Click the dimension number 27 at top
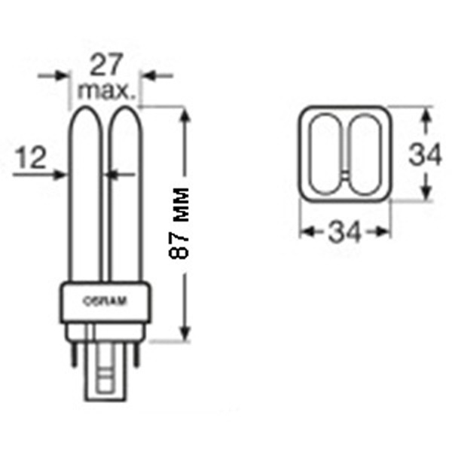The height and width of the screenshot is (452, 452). click(106, 65)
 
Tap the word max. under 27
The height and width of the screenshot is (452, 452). click(106, 91)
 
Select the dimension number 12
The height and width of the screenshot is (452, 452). click(32, 157)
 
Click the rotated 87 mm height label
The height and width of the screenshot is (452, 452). click(179, 223)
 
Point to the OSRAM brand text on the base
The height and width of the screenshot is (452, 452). click(105, 301)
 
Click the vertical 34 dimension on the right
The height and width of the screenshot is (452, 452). click(425, 154)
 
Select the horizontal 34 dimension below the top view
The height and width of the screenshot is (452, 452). click(344, 231)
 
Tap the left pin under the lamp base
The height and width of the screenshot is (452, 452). click(75, 355)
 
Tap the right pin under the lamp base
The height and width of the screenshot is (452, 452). click(136, 355)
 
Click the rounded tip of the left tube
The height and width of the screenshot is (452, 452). click(86, 107)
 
